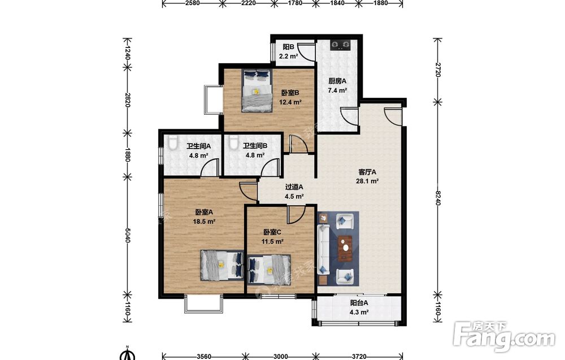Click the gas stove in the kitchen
click(x=341, y=45)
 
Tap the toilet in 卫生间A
click(x=173, y=143)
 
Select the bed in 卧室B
click(x=257, y=90)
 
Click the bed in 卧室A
click(x=222, y=265)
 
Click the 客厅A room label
click(x=367, y=172)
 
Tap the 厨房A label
click(x=337, y=81)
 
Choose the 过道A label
click(x=294, y=187)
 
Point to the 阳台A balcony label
click(x=359, y=303)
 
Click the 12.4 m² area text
click(x=290, y=102)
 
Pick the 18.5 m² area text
click(x=205, y=222)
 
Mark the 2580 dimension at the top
click(x=193, y=3)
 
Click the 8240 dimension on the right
click(x=438, y=198)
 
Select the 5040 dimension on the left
click(x=127, y=234)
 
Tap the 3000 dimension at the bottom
click(x=281, y=357)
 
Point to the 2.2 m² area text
click(x=288, y=56)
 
